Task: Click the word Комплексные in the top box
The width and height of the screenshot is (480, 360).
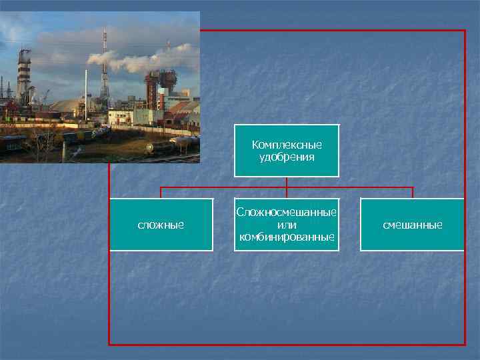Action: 287,145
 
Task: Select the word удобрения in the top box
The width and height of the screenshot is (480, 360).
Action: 287,157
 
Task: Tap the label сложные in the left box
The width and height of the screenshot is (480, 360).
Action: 161,225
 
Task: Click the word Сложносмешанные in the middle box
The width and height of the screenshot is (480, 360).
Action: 287,213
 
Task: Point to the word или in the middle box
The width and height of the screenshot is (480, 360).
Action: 287,225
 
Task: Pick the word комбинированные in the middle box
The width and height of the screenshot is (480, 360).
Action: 287,237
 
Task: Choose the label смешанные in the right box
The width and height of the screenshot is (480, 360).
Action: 412,225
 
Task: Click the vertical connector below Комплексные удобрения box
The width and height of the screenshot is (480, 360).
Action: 287,182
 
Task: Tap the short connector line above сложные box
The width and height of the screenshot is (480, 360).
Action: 161,193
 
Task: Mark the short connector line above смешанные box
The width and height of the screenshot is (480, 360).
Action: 413,193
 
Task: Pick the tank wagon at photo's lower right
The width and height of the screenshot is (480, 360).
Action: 167,148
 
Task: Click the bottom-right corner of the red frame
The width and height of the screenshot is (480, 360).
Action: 464,344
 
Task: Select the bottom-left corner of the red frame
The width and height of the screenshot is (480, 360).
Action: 110,344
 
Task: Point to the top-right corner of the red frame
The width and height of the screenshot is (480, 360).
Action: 464,31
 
